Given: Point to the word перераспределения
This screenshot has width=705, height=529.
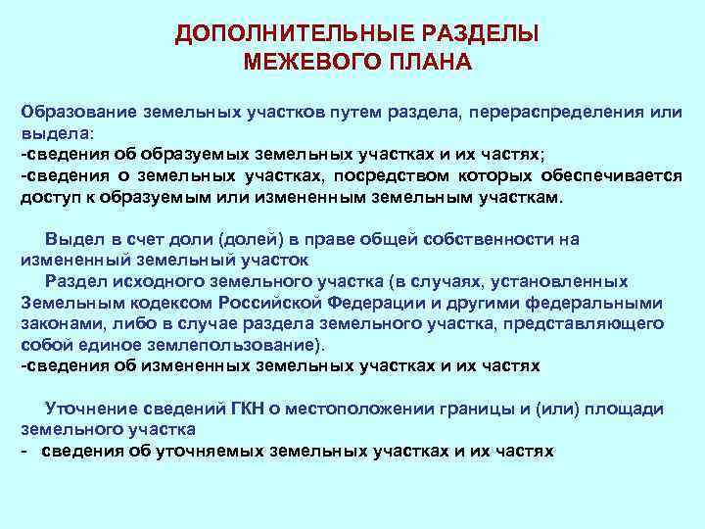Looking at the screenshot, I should point(551,112).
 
